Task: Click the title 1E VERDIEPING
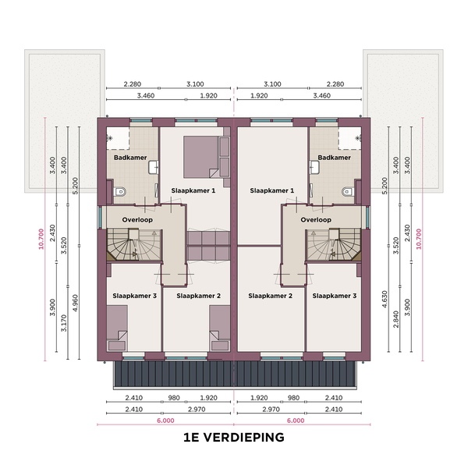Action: coord(234,438)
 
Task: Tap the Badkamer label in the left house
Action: coord(130,158)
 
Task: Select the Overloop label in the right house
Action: coord(316,220)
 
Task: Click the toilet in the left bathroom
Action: coord(120,191)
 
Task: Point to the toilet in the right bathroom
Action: coord(348,191)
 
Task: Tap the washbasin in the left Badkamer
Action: coord(153,168)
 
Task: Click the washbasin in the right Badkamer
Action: coord(314,168)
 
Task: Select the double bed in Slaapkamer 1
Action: coord(200,157)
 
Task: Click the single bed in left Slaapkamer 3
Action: coord(117,328)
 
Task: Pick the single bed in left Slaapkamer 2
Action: coord(220,328)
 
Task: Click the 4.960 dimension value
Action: coord(75,303)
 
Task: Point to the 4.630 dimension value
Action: coord(385,299)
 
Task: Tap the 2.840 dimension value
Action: coord(395,319)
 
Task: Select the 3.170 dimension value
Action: coord(64,323)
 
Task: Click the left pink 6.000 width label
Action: coord(165,421)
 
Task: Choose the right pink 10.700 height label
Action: coord(418,239)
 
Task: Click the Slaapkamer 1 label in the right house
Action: coord(272,190)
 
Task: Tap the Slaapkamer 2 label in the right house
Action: coord(271,296)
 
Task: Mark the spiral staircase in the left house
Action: coord(134,245)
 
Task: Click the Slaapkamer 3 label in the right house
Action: coord(335,296)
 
